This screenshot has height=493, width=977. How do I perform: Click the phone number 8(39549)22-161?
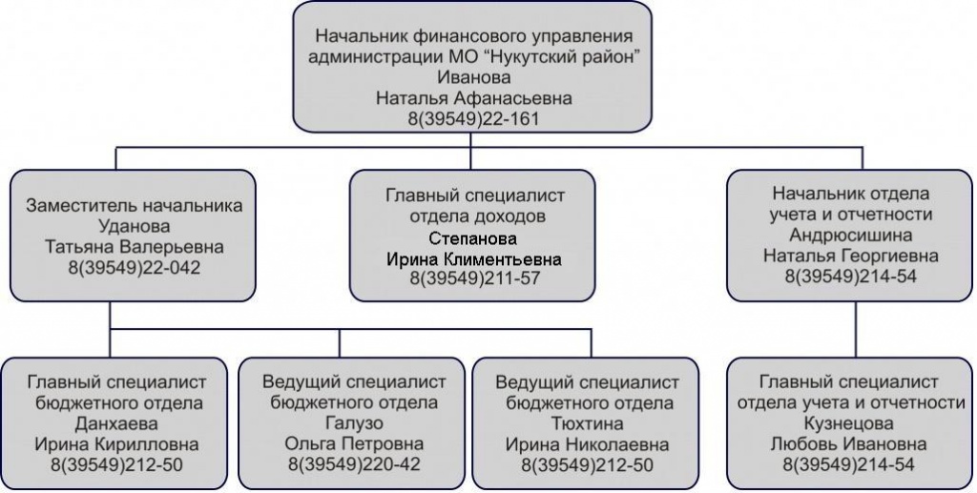click(473, 118)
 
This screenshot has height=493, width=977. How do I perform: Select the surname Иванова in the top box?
click(473, 77)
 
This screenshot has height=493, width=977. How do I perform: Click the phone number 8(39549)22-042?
click(134, 268)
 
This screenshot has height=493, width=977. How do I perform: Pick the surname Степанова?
click(473, 238)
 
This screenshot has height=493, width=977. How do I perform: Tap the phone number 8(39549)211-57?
click(474, 278)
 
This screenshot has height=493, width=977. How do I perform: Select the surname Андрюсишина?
click(850, 235)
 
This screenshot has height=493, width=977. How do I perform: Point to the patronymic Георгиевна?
click(890, 256)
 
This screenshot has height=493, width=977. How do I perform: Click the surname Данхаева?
click(115, 424)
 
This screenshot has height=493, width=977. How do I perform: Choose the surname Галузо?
click(354, 423)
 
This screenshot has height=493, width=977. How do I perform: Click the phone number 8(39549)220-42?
click(354, 464)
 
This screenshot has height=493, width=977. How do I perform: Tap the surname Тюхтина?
click(587, 424)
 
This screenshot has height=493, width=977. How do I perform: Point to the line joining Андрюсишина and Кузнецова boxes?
click(856, 329)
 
